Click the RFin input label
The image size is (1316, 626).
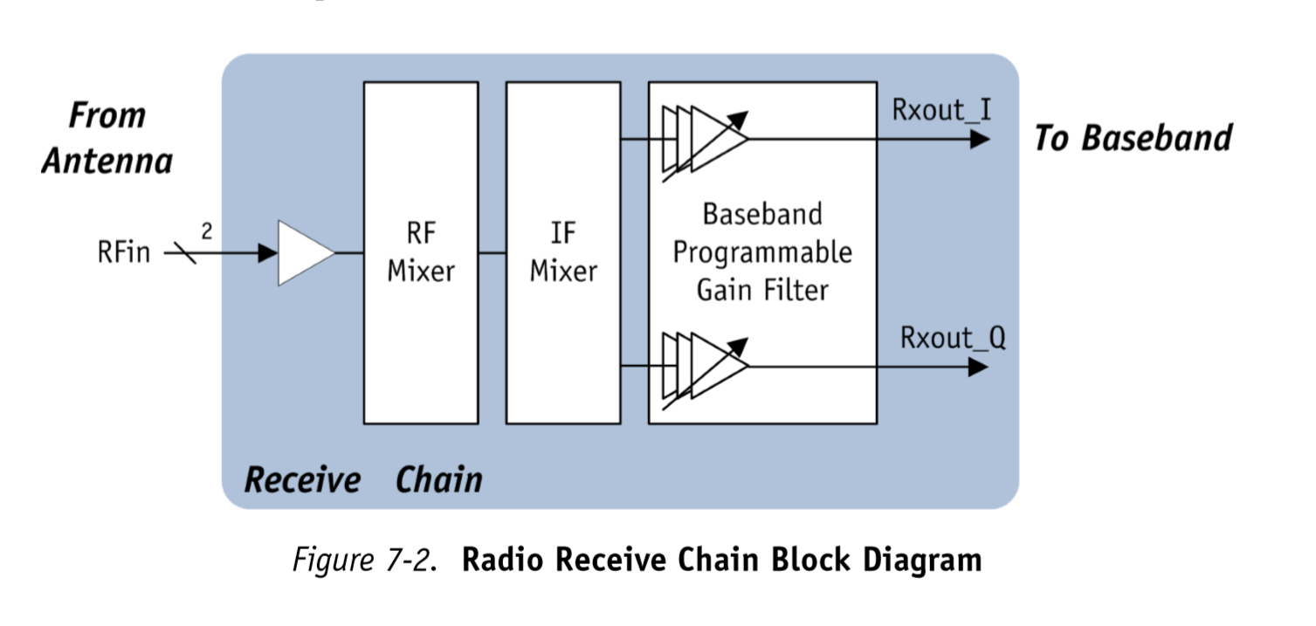[x=123, y=253]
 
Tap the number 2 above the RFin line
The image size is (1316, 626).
[x=207, y=231]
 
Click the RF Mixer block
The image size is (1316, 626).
[x=421, y=252]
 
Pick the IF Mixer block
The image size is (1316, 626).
[x=563, y=252]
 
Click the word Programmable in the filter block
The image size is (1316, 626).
[x=761, y=252]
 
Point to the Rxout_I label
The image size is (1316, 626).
[x=941, y=112]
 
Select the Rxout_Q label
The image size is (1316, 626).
[x=953, y=338]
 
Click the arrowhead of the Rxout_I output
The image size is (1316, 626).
[x=979, y=139]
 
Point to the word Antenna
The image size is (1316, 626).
[x=107, y=161]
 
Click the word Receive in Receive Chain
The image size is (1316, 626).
[x=302, y=480]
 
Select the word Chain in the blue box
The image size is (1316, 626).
[x=438, y=480]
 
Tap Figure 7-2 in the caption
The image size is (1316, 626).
[x=362, y=560]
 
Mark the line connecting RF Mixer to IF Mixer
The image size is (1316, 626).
[x=493, y=253]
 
